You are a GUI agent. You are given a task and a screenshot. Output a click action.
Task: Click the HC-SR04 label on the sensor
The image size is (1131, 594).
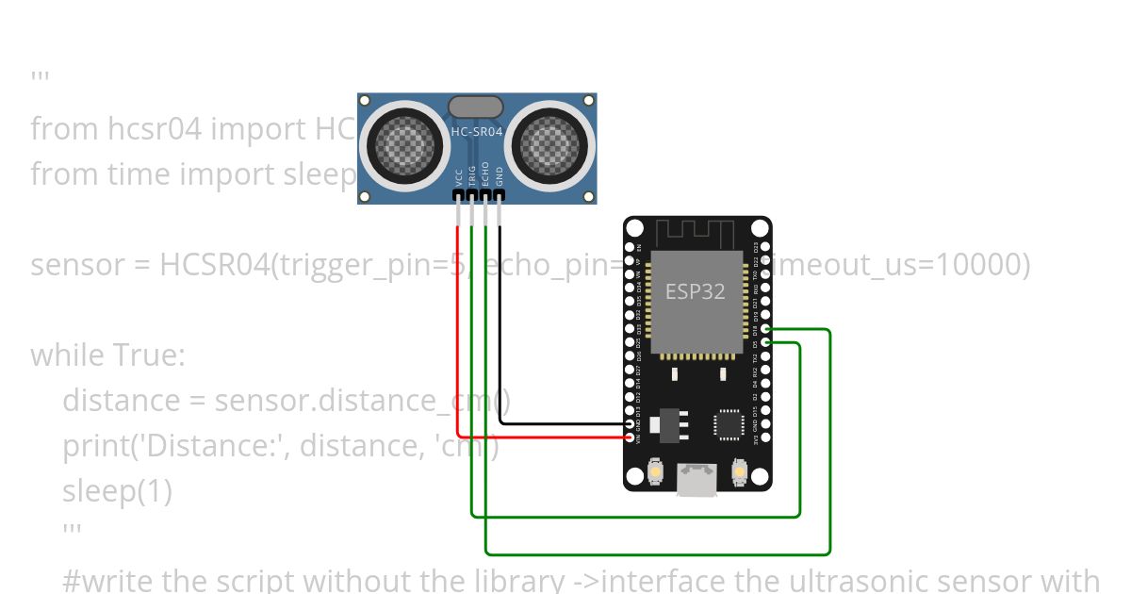point(476,133)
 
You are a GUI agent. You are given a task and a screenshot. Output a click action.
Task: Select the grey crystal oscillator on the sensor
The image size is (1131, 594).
point(476,107)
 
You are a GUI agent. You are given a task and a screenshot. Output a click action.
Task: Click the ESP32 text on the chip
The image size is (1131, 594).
point(696,291)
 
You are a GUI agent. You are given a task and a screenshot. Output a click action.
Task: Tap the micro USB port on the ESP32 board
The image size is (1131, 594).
point(697,481)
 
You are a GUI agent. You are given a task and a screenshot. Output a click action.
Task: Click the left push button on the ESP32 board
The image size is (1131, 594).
point(656,470)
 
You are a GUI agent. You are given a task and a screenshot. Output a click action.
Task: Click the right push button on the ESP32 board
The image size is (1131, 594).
point(739,470)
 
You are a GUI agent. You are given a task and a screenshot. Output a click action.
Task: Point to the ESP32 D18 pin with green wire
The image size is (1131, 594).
point(764,330)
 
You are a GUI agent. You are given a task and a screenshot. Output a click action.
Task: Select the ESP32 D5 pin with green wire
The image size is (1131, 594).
point(764,344)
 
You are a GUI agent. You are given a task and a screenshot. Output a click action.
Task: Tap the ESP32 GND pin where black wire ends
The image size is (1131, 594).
point(631,424)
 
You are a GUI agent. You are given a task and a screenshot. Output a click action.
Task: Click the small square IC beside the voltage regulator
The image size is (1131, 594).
point(729,424)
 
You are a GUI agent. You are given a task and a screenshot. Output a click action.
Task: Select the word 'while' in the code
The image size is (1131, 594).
point(67,355)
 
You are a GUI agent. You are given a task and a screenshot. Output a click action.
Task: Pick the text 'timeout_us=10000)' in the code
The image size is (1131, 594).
point(895,265)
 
